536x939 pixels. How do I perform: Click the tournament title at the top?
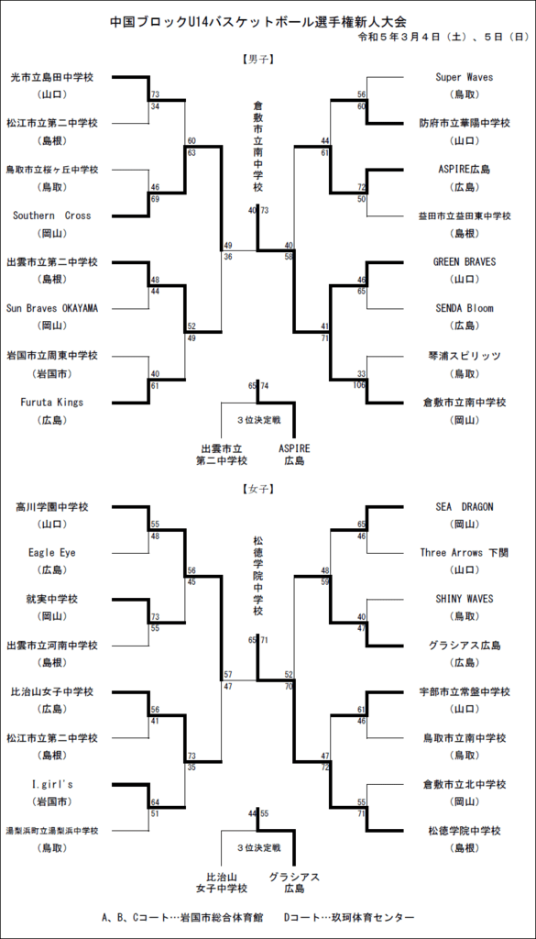[x=258, y=22]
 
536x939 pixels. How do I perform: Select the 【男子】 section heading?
[x=257, y=60]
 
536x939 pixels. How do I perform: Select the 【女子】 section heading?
[x=257, y=489]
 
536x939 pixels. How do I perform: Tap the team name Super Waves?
[x=465, y=77]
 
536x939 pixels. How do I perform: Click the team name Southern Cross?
[x=52, y=215]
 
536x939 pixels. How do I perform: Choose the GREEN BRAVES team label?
[x=465, y=262]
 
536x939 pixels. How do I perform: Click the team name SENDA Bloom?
[x=465, y=308]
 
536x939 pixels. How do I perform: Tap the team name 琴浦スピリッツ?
[x=465, y=356]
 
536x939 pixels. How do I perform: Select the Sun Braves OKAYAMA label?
[x=52, y=308]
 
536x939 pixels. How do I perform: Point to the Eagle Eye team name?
[x=52, y=552]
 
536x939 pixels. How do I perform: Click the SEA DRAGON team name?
[x=465, y=506]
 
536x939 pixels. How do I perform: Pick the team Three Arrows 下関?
[x=465, y=553]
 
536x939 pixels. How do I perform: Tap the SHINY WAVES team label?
[x=465, y=599]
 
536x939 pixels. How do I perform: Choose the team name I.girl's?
[x=52, y=785]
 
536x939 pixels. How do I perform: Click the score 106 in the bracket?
[x=358, y=384]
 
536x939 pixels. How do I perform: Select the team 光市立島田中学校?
[x=52, y=77]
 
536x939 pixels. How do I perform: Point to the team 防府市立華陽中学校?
[x=465, y=124]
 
